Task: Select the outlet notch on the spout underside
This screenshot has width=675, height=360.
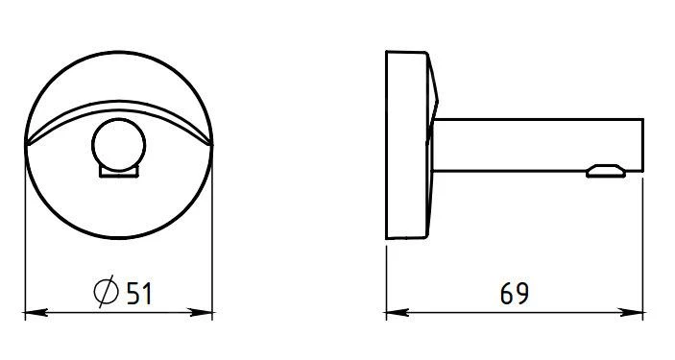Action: pos(604,171)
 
